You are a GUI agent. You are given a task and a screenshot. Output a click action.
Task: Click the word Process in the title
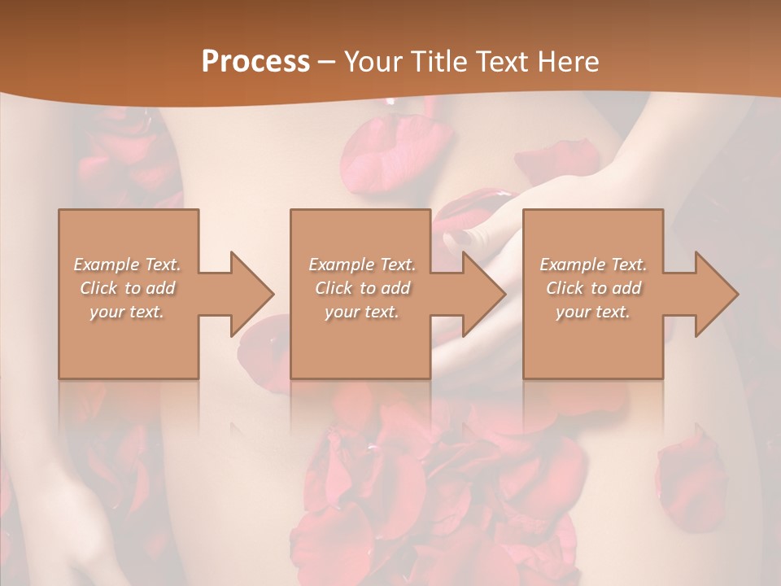pyautogui.click(x=255, y=61)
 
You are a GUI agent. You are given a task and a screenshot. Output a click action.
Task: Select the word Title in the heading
pyautogui.click(x=443, y=61)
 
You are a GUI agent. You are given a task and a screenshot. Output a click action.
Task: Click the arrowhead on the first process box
pyautogui.click(x=252, y=294)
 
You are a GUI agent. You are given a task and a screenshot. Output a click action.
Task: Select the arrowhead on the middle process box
pyautogui.click(x=484, y=294)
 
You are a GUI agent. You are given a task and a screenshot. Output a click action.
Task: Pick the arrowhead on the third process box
pyautogui.click(x=717, y=294)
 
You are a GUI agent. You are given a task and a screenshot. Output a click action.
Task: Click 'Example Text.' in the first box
pyautogui.click(x=128, y=265)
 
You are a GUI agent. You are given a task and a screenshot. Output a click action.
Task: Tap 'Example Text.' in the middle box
pyautogui.click(x=362, y=265)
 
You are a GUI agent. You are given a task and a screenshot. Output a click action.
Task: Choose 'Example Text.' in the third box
pyautogui.click(x=593, y=265)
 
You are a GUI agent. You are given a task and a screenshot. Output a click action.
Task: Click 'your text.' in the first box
pyautogui.click(x=128, y=312)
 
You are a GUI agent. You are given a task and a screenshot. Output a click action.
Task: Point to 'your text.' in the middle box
pyautogui.click(x=362, y=312)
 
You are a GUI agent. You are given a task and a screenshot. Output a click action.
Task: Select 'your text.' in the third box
pyautogui.click(x=593, y=312)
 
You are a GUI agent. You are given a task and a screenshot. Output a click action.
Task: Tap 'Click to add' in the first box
pyautogui.click(x=128, y=288)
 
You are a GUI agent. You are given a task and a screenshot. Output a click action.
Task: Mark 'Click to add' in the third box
pyautogui.click(x=593, y=288)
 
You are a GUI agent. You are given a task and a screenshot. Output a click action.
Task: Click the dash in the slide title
pyautogui.click(x=327, y=62)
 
